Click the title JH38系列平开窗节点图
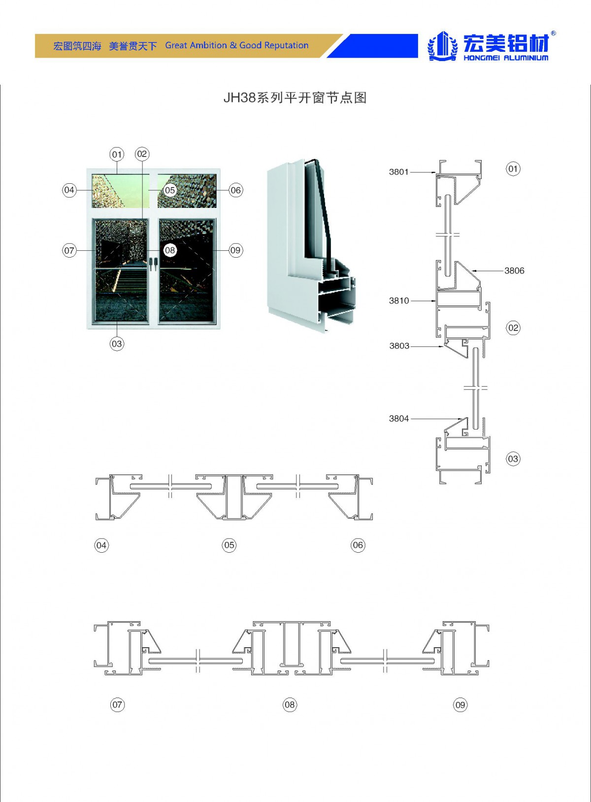(295, 98)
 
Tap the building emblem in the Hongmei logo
(442, 46)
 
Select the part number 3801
(398, 172)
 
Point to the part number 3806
(514, 270)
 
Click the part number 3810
(398, 301)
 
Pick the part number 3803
(399, 346)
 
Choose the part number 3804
(398, 418)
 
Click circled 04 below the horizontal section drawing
(101, 545)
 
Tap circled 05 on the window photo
(170, 190)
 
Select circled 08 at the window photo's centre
(170, 250)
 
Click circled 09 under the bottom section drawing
(460, 705)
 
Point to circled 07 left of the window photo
(69, 250)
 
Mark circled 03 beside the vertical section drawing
(513, 459)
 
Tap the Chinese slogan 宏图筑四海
(77, 46)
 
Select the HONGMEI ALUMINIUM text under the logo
(506, 58)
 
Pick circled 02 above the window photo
(142, 154)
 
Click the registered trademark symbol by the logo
(554, 33)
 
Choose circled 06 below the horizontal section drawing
(358, 545)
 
